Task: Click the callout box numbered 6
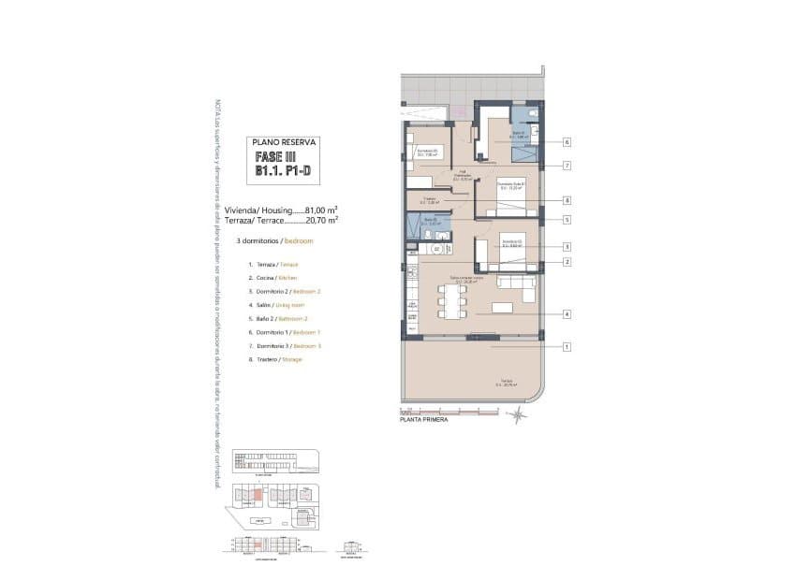[568, 142]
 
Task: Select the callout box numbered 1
[568, 346]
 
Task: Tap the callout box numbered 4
[568, 313]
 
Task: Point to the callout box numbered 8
[568, 200]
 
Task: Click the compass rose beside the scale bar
[518, 416]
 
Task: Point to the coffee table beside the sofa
[503, 307]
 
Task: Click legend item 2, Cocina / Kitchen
[273, 278]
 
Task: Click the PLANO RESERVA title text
[286, 142]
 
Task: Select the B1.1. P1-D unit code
[286, 172]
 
